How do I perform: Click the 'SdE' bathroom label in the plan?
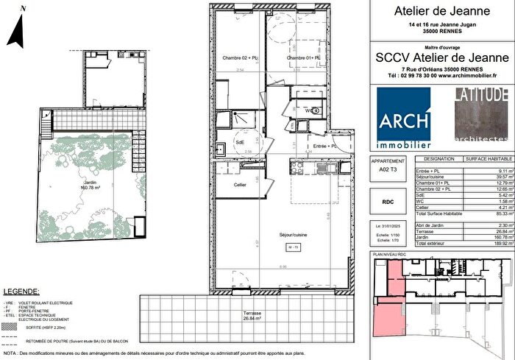[x=240, y=143]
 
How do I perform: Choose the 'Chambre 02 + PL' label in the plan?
[x=240, y=58]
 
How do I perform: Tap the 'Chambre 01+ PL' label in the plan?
[x=305, y=58]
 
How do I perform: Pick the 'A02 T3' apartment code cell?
[x=387, y=169]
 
